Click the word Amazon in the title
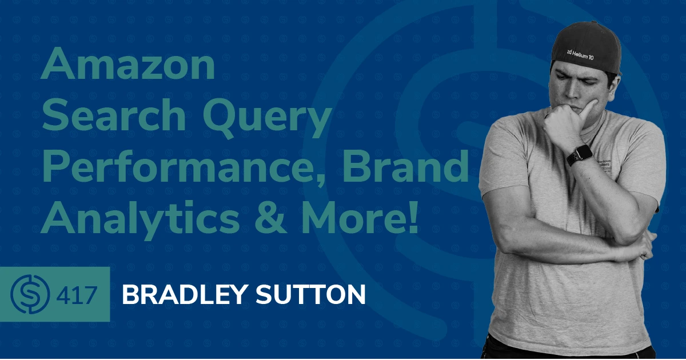[x=128, y=63]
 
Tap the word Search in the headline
[x=114, y=114]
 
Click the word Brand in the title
[x=405, y=166]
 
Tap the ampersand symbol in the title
[x=270, y=217]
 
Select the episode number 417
[x=77, y=295]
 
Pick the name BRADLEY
[x=185, y=294]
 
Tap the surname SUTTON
[x=310, y=294]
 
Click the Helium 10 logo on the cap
[x=580, y=54]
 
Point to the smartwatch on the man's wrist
[x=580, y=155]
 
